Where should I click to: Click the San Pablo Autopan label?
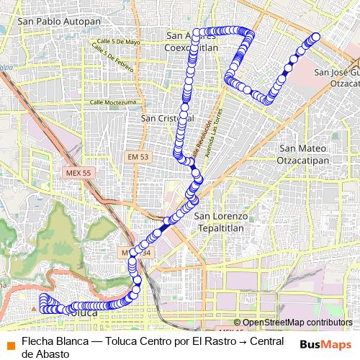59,22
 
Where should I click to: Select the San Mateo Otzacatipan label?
303,154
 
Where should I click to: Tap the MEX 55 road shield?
76,174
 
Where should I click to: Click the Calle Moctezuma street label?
113,103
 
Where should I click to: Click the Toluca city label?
81,313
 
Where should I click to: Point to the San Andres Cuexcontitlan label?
192,42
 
